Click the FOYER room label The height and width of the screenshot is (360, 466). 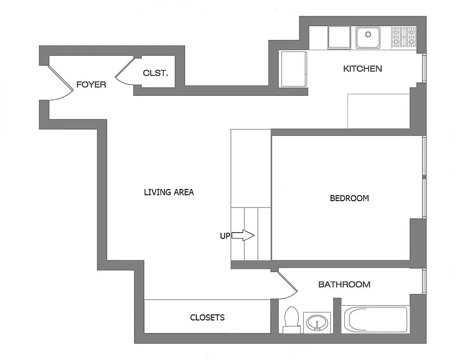tap(91, 84)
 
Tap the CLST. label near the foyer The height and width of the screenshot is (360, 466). tap(155, 72)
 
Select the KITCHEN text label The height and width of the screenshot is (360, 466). tap(362, 68)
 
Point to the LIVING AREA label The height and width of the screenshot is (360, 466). tap(169, 192)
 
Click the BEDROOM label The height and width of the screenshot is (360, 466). tap(349, 198)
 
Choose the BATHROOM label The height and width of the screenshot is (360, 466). tap(344, 284)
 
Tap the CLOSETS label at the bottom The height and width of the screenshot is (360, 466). tap(207, 317)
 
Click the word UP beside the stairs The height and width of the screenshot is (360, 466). tap(225, 236)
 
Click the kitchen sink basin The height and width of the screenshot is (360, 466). tap(368, 36)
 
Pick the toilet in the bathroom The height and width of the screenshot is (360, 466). tap(292, 319)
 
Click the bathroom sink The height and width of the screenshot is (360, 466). tap(317, 323)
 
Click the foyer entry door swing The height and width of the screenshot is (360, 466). tap(61, 83)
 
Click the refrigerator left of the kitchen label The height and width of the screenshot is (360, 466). tap(294, 68)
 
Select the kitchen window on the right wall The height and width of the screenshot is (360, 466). tap(424, 68)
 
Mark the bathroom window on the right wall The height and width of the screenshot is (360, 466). tap(424, 282)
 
